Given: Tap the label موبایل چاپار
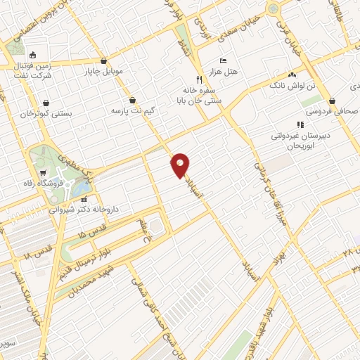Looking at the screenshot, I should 104,71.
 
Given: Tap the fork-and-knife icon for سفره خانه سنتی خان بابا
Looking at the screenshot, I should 200,79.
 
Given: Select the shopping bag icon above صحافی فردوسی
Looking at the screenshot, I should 352,101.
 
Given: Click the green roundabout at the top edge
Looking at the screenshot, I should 273,8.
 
